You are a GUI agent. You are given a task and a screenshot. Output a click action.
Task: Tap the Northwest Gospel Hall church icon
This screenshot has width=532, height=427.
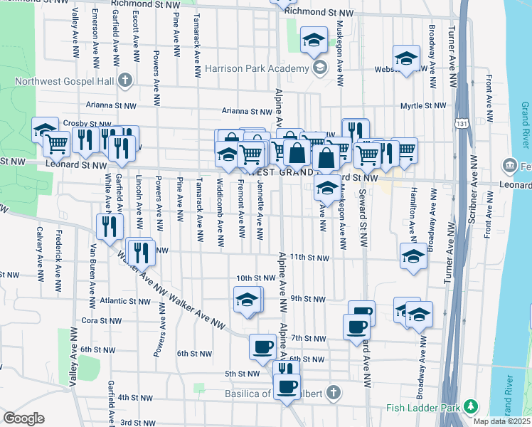point(125,80)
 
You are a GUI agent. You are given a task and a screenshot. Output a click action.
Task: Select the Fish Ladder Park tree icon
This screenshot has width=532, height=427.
point(469,407)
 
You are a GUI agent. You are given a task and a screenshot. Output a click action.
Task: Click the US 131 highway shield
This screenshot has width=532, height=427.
point(462,124)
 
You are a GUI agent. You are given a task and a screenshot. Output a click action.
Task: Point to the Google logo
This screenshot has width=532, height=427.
point(23,418)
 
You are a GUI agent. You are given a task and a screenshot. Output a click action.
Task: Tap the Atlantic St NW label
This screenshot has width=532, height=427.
point(125,301)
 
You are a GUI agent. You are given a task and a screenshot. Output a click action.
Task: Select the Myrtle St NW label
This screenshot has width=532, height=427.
point(423,105)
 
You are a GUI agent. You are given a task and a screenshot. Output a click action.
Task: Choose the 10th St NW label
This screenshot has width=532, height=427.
point(255,278)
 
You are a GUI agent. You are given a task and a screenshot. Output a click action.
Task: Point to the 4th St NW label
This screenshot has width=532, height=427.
point(136,397)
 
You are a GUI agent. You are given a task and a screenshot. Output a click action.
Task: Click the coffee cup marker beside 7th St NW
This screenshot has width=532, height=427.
point(356,326)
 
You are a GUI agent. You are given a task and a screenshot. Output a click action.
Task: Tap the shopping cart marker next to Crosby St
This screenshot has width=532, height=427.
point(57,144)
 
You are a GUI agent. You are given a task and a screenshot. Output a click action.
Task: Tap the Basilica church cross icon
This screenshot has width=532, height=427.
point(331,394)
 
